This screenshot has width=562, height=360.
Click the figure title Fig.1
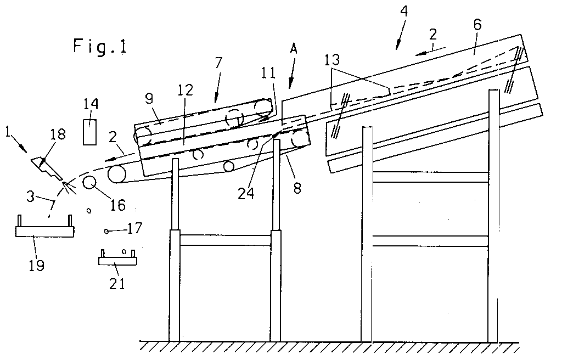tap(99, 46)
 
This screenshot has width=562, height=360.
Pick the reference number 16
tap(118, 205)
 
